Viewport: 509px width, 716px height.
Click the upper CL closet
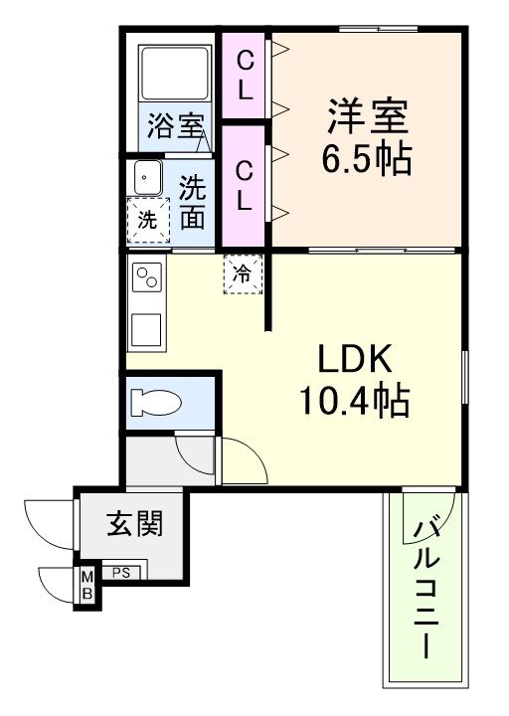[x=245, y=76]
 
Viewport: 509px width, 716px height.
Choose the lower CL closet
[x=245, y=184]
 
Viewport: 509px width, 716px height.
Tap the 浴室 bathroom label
[x=176, y=126]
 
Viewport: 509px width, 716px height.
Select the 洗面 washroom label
[x=192, y=201]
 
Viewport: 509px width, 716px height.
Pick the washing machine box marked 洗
[x=147, y=221]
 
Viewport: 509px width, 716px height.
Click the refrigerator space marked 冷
[x=242, y=273]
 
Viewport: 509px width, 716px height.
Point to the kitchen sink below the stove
[x=148, y=328]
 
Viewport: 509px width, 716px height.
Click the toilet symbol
[x=158, y=401]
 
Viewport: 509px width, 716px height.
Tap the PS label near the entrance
[x=120, y=572]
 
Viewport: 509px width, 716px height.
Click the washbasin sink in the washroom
[x=148, y=178]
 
